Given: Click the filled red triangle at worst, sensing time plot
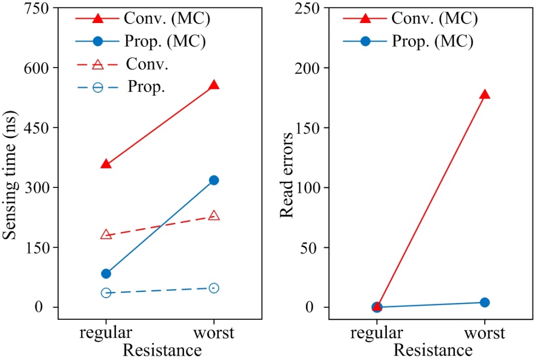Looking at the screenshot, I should [x=213, y=85].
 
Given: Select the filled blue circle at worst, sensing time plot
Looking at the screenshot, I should [x=213, y=180].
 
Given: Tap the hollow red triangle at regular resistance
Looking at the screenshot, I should [x=106, y=234].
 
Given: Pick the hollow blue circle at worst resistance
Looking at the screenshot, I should [x=213, y=288].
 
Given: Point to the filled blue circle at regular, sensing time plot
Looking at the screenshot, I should [x=106, y=274].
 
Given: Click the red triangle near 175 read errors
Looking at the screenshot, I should [x=485, y=95].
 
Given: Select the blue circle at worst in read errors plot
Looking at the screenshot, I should [x=485, y=302].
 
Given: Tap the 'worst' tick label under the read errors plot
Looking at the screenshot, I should [x=485, y=333].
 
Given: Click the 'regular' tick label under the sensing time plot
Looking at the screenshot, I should [x=106, y=333].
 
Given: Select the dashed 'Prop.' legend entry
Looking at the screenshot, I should [x=146, y=87].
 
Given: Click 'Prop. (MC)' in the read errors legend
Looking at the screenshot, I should [x=432, y=41].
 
